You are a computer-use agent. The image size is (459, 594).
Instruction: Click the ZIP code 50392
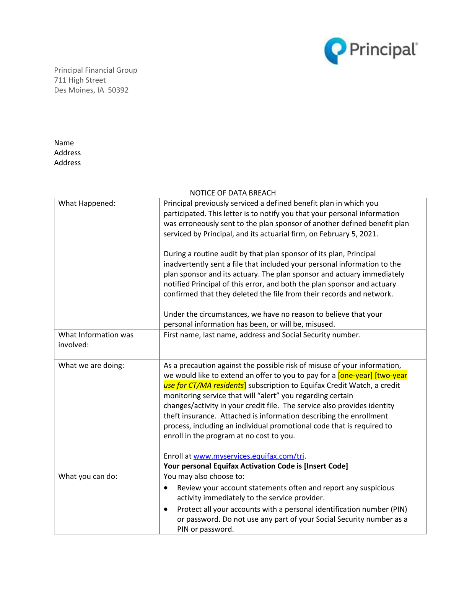point(118,90)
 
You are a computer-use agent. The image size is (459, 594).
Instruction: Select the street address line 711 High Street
point(80,80)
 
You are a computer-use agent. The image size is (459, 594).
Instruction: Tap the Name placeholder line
point(64,143)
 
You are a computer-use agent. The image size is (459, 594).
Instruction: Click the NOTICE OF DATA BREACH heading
point(233,193)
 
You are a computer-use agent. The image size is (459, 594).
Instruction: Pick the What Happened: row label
point(87,203)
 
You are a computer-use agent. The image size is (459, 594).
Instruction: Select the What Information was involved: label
point(96,340)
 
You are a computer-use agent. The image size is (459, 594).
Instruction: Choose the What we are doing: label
point(91,366)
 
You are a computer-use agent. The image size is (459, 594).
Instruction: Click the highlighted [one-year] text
point(355,376)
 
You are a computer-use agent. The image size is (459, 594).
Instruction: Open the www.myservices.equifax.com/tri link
point(249,456)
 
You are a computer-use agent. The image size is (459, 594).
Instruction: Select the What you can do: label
point(88,477)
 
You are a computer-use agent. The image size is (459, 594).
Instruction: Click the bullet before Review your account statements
point(166,488)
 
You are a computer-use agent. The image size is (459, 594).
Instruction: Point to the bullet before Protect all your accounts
point(166,509)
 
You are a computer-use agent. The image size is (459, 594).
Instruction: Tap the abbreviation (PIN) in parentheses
point(399,509)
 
